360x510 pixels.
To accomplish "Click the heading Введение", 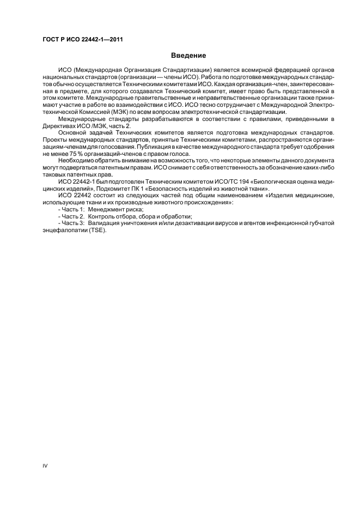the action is coord(188,55).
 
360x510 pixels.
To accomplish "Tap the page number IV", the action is coord(45,467).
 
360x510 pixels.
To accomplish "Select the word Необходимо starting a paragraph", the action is coord(77,161).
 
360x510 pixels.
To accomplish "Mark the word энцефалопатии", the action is coord(64,230).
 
